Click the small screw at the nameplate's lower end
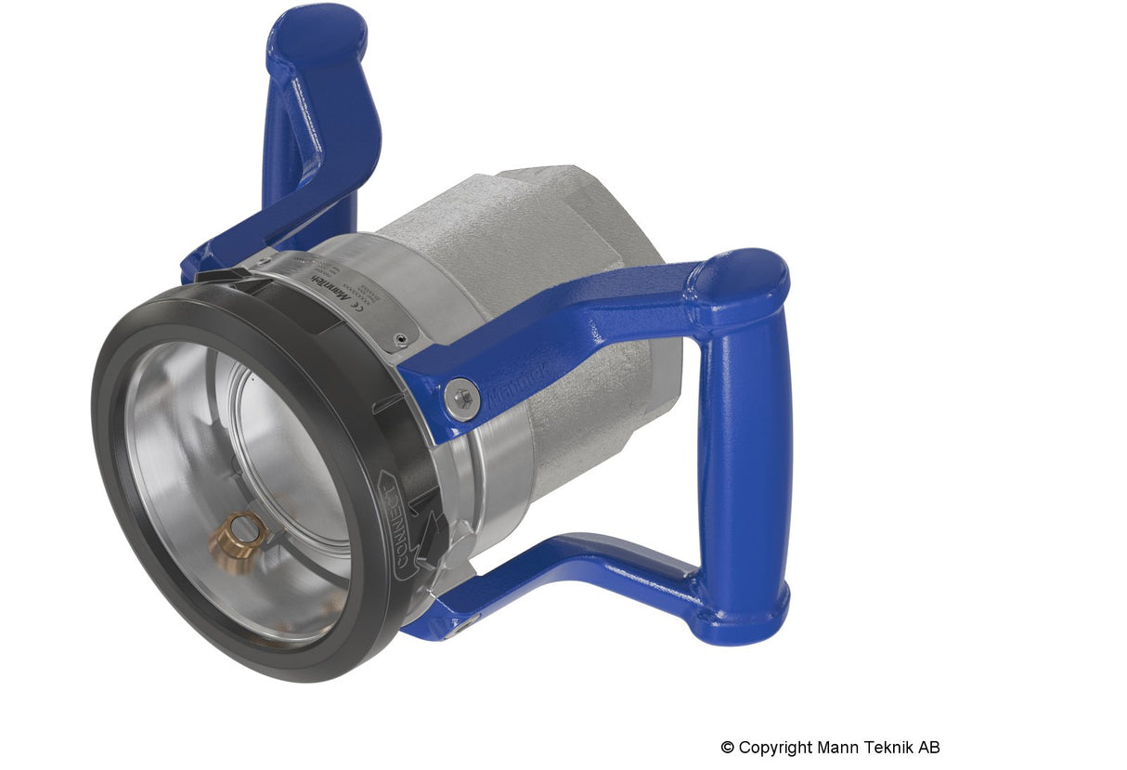tap(400, 341)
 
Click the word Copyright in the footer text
tap(776, 748)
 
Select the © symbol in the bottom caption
tap(727, 748)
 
